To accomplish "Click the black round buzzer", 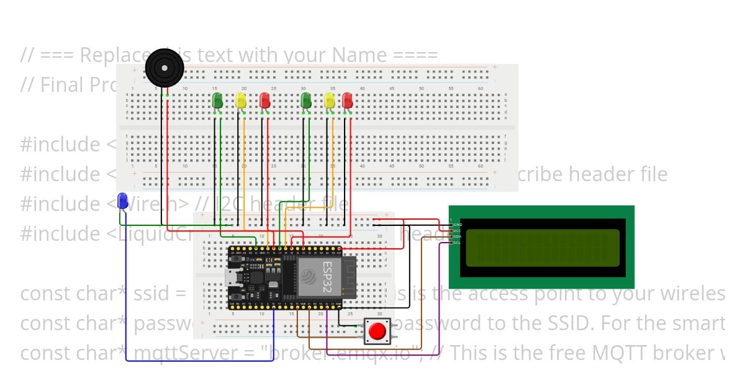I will tap(165, 68).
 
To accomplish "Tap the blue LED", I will tap(123, 200).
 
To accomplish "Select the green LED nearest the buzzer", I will tap(217, 100).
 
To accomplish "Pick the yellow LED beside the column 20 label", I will tap(241, 101).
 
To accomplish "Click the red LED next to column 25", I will tap(264, 100).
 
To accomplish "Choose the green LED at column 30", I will tap(305, 100).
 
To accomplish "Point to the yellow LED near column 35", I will tap(330, 101).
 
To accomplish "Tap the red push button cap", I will tap(377, 331).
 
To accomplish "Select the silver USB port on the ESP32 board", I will tap(232, 277).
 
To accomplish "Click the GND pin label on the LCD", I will tap(458, 225).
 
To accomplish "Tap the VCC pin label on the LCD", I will tap(458, 230).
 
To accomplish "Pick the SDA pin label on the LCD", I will tap(458, 236).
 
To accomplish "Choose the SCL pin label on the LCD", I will tap(458, 242).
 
